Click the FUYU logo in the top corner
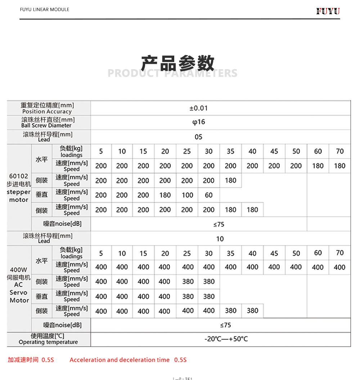click(x=328, y=11)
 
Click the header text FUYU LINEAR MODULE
click(x=45, y=9)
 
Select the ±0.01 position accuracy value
click(x=198, y=108)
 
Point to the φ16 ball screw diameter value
click(x=198, y=122)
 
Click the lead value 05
click(x=198, y=137)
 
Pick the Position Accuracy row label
click(x=47, y=108)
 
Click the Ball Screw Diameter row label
click(x=47, y=122)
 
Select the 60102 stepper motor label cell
click(x=19, y=188)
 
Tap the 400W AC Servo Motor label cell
click(x=19, y=285)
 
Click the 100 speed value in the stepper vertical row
click(x=187, y=195)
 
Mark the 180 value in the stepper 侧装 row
click(x=230, y=180)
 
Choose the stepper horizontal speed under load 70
click(x=339, y=166)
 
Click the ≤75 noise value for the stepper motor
click(x=219, y=224)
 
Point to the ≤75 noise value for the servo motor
click(x=225, y=325)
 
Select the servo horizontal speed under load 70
click(x=339, y=267)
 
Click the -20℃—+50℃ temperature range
click(x=226, y=339)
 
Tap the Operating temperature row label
click(x=48, y=339)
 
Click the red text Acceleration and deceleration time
click(x=120, y=360)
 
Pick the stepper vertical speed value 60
click(x=209, y=195)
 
